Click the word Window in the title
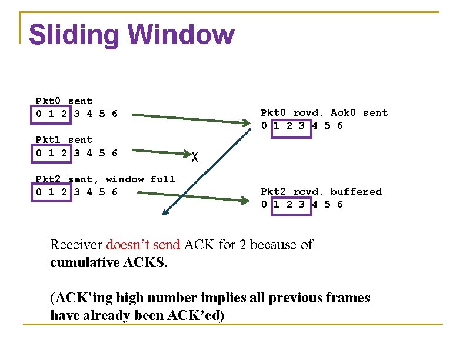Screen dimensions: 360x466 [188, 35]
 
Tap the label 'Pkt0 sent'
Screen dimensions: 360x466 [64, 101]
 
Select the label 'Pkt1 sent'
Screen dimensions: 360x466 [64, 140]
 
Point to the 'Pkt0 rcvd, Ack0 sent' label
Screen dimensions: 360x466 [324, 113]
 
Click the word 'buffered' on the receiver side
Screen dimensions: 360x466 [356, 192]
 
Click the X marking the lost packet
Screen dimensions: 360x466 [195, 157]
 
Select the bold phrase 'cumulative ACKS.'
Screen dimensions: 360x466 [109, 262]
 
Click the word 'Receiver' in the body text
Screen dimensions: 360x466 [76, 245]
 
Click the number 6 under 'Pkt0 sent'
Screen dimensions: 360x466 [114, 114]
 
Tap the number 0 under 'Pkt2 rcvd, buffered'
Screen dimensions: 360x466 [265, 205]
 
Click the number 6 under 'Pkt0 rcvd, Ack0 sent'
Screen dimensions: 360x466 [339, 126]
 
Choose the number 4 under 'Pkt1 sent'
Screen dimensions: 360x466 [89, 153]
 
